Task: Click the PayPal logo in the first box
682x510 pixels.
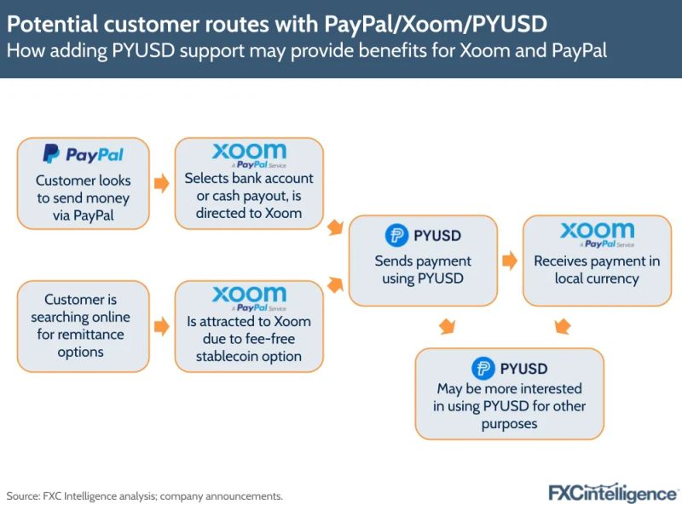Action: click(x=83, y=155)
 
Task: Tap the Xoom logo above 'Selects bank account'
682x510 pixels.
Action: click(x=249, y=155)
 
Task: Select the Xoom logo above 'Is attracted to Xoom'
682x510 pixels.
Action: click(x=249, y=298)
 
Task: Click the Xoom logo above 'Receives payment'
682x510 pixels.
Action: click(x=597, y=233)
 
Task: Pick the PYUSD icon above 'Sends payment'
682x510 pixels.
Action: click(x=396, y=235)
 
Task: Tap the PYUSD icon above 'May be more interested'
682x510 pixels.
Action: click(x=483, y=368)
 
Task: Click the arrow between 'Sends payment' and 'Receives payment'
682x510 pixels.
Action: click(x=510, y=261)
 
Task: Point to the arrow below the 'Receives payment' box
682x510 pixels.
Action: click(x=562, y=326)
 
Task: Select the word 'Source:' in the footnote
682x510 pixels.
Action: click(x=23, y=496)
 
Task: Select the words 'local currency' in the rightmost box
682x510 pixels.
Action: click(x=597, y=278)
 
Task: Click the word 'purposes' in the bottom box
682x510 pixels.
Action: click(x=509, y=423)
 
